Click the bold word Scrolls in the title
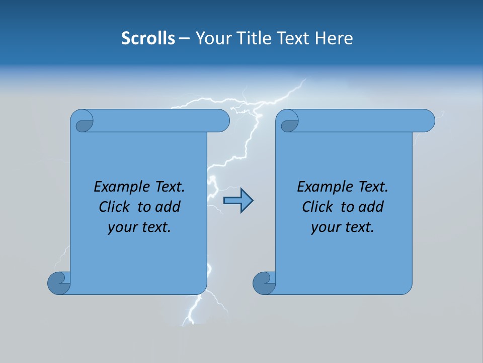pyautogui.click(x=148, y=38)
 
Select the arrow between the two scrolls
pyautogui.click(x=238, y=201)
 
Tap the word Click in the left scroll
pyautogui.click(x=115, y=207)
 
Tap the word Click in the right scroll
pyautogui.click(x=318, y=207)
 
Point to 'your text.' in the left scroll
pyautogui.click(x=139, y=227)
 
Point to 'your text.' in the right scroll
pyautogui.click(x=343, y=227)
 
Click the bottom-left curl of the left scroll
pyautogui.click(x=58, y=284)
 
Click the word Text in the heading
pyautogui.click(x=292, y=38)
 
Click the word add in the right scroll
pyautogui.click(x=371, y=207)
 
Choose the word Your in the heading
pyautogui.click(x=213, y=38)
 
